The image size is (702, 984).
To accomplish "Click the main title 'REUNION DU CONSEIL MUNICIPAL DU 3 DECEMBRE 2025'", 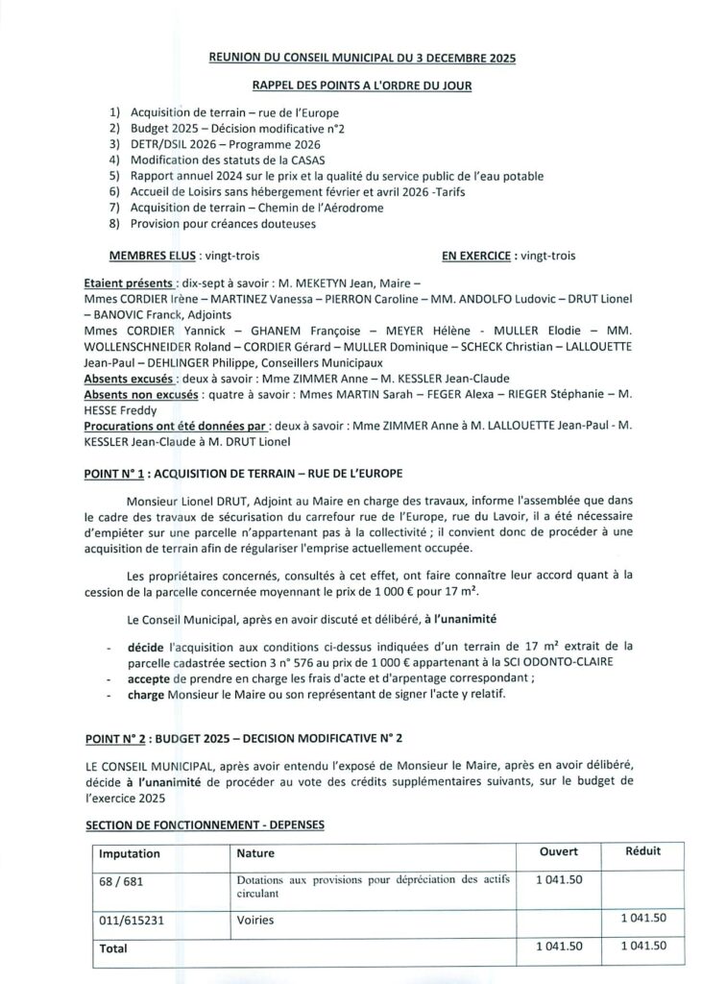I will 362,59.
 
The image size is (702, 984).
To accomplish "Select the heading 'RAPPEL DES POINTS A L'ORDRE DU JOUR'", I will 362,86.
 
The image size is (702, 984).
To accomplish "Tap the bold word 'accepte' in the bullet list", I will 148,678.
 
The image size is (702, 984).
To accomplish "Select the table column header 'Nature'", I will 255,853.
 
